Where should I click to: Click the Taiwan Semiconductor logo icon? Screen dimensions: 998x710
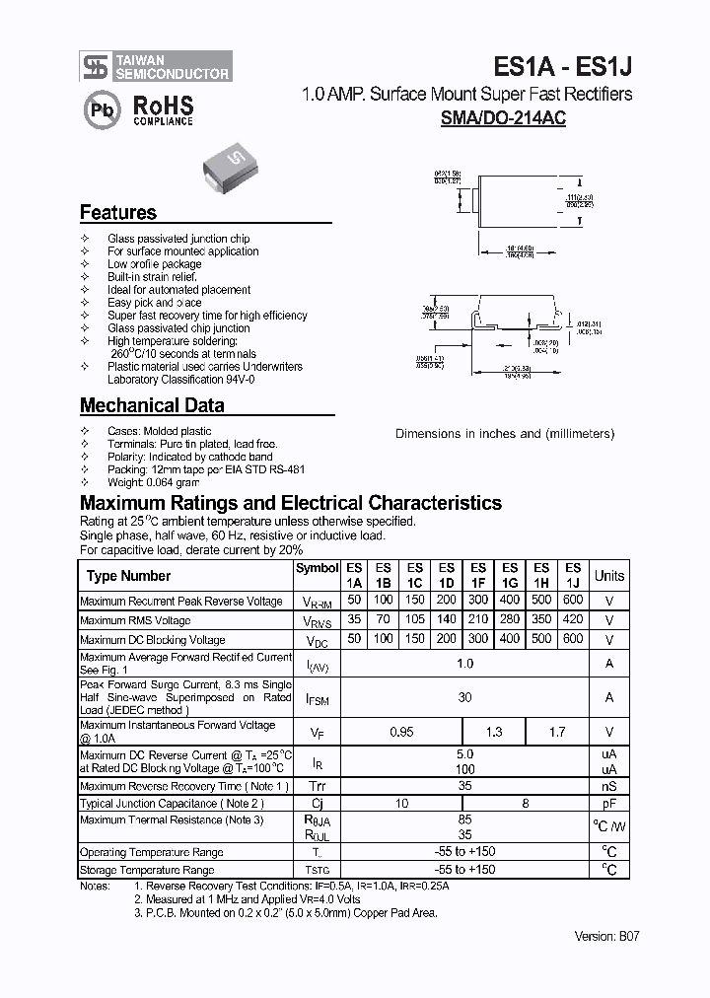pyautogui.click(x=95, y=66)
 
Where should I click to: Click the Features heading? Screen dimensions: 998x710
pyautogui.click(x=117, y=212)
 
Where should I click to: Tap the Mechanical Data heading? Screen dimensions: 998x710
pyautogui.click(x=152, y=405)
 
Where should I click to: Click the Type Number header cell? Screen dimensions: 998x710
pyautogui.click(x=129, y=576)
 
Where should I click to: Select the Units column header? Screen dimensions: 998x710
pyautogui.click(x=609, y=576)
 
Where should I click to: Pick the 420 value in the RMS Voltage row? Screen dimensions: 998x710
pyautogui.click(x=572, y=620)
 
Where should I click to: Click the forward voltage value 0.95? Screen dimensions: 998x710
pyautogui.click(x=401, y=732)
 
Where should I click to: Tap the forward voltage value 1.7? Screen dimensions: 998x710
pyautogui.click(x=557, y=732)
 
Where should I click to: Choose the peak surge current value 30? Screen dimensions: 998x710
pyautogui.click(x=464, y=697)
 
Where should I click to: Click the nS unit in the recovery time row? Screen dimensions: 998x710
pyautogui.click(x=609, y=786)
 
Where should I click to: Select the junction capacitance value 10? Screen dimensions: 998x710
pyautogui.click(x=401, y=804)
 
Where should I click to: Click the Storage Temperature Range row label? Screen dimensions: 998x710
pyautogui.click(x=147, y=870)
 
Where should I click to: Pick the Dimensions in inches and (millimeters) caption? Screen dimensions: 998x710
pyautogui.click(x=505, y=434)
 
